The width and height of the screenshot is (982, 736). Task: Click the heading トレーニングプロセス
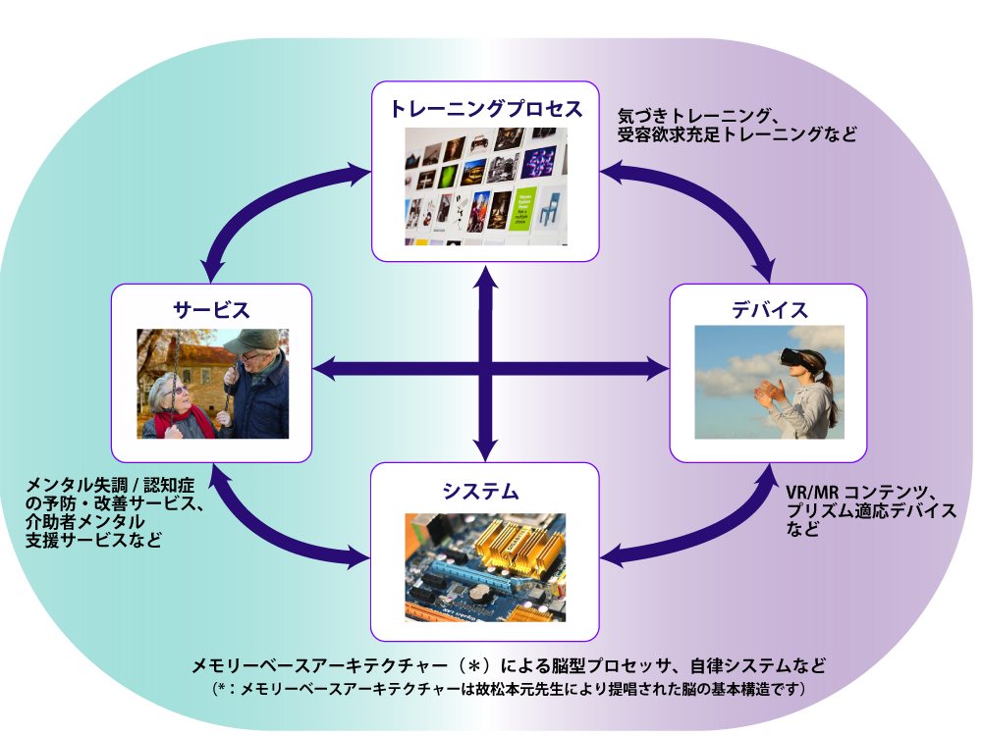[485, 109]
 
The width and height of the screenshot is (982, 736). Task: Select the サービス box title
[211, 311]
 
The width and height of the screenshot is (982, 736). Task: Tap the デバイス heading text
[769, 310]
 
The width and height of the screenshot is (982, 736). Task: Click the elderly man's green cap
[252, 341]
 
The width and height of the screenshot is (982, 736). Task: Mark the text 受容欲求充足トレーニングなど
[736, 134]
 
